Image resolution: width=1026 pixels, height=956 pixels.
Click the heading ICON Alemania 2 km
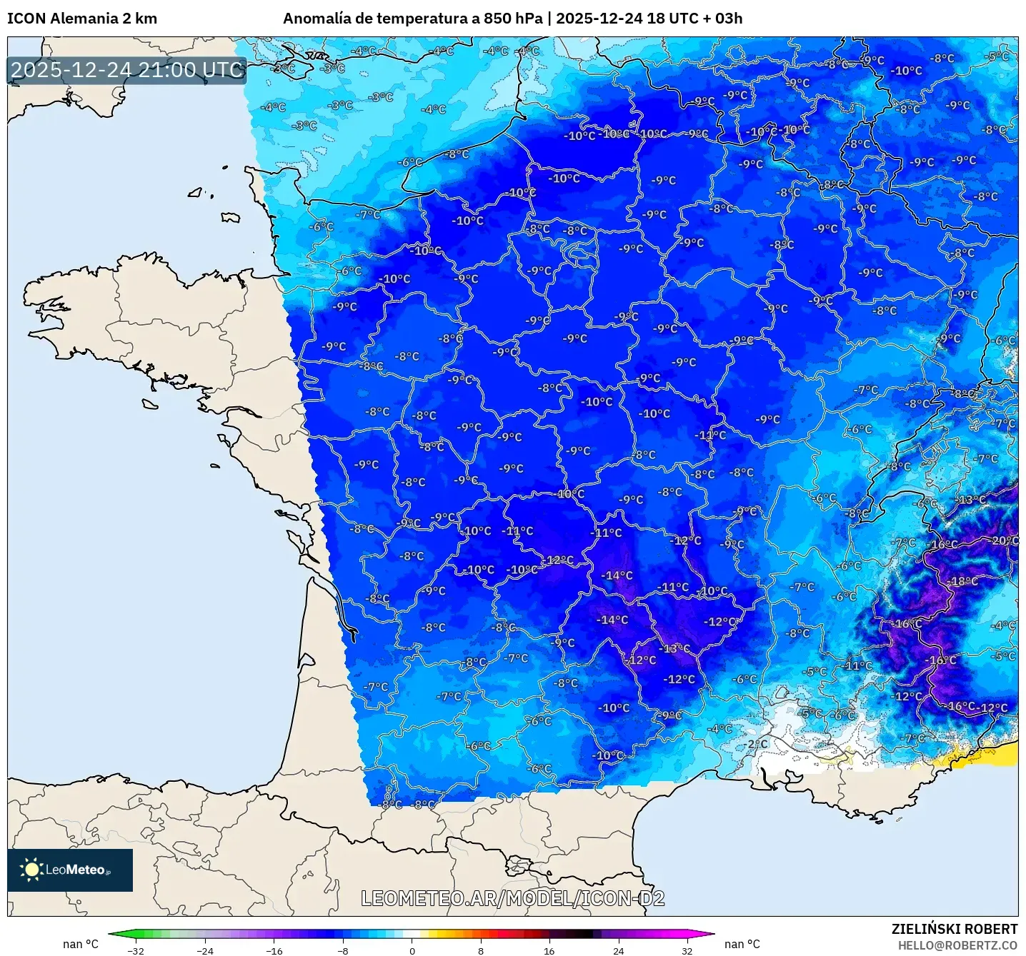pyautogui.click(x=82, y=19)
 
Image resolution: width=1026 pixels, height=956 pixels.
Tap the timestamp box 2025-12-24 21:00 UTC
pyautogui.click(x=127, y=70)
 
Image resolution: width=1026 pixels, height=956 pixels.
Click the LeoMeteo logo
pyautogui.click(x=70, y=870)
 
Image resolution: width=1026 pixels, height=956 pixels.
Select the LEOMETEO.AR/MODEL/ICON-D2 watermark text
pyautogui.click(x=512, y=898)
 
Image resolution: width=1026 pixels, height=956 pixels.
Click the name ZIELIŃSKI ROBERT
pyautogui.click(x=954, y=929)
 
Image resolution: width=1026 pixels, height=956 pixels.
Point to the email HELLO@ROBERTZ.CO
pyautogui.click(x=957, y=945)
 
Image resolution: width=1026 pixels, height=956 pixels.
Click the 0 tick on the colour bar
pyautogui.click(x=412, y=950)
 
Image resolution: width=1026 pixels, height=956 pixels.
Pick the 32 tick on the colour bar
pyautogui.click(x=687, y=950)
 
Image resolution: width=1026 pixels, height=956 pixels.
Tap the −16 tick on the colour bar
pyautogui.click(x=274, y=950)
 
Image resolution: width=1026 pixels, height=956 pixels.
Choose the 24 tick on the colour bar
pyautogui.click(x=618, y=950)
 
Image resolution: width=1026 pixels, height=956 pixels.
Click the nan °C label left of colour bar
pyautogui.click(x=81, y=944)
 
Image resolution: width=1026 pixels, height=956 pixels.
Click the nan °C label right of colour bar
pyautogui.click(x=742, y=944)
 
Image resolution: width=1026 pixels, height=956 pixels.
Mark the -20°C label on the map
pyautogui.click(x=1004, y=540)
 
